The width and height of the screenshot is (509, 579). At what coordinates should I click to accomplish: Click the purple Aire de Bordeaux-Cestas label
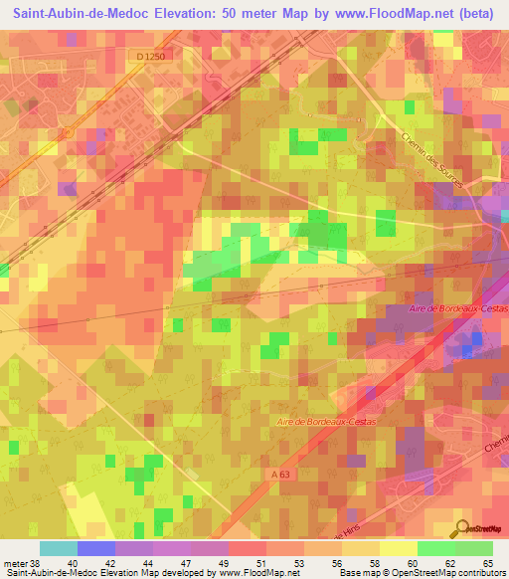458,309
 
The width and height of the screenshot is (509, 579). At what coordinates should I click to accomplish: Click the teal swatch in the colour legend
58,548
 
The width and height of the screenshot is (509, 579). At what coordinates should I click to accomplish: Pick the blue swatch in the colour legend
95,548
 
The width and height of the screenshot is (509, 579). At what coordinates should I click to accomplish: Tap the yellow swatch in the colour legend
398,548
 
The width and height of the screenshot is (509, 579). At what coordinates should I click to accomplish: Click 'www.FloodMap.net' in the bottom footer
258,573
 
